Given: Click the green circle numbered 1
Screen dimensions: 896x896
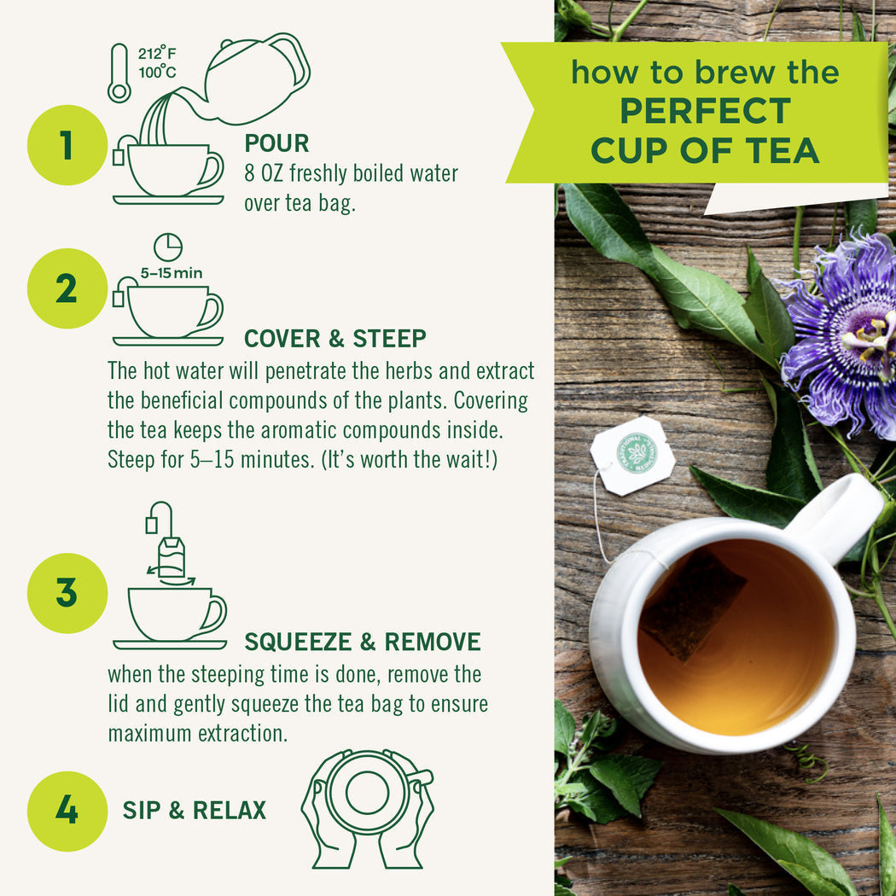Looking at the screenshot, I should [67, 145].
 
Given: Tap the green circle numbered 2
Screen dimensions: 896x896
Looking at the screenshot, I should [67, 288].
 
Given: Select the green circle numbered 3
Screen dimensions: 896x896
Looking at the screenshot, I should [67, 592].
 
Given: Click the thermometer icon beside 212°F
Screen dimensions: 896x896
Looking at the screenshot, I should [119, 73].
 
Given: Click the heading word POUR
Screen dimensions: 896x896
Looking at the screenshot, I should [276, 143].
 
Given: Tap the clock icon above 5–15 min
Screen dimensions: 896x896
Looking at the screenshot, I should [168, 247].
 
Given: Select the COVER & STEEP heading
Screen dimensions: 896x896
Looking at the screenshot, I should [335, 339].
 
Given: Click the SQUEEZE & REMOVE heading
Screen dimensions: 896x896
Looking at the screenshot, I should [362, 642].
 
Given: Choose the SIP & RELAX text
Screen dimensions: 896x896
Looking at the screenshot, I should [195, 810].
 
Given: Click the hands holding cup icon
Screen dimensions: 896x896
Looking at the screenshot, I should [368, 807].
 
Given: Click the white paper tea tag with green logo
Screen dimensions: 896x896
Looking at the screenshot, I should [633, 455].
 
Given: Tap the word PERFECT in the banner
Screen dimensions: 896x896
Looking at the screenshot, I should [705, 111].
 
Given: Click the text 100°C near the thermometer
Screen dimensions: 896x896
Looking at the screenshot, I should [157, 72].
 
